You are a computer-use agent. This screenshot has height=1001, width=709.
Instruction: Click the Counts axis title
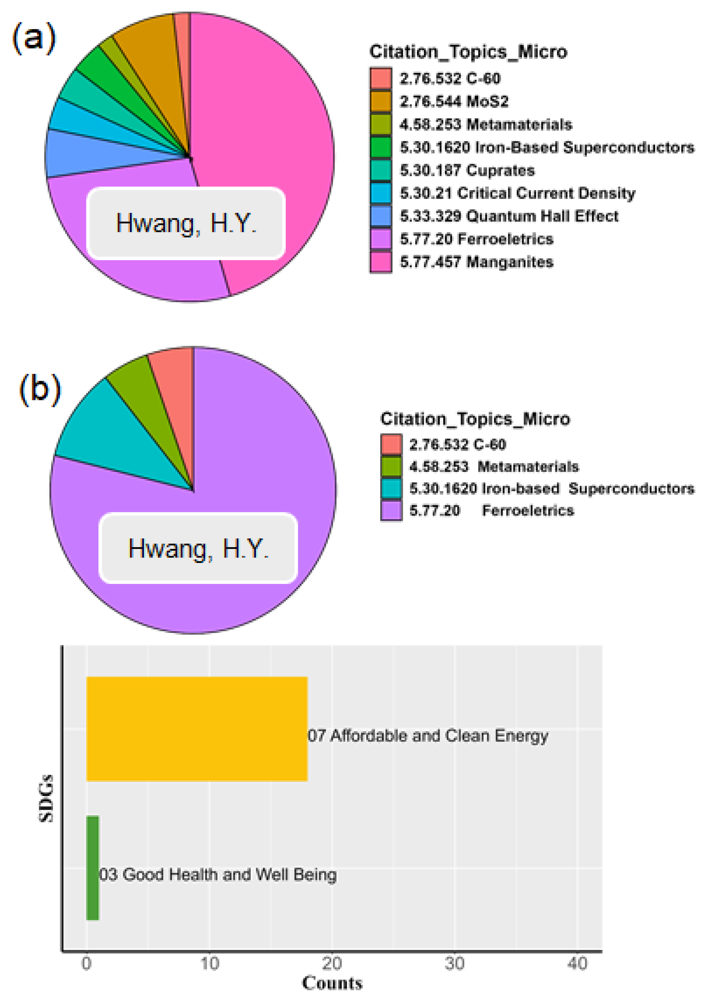click(x=332, y=983)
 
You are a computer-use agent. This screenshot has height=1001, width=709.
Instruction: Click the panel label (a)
click(x=34, y=38)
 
